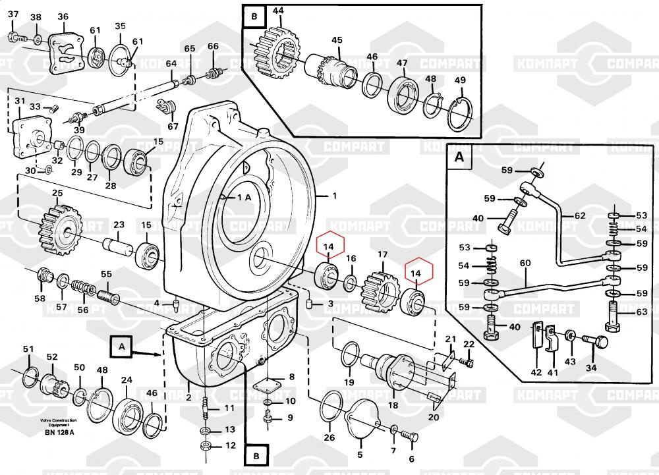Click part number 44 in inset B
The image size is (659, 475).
tap(278, 11)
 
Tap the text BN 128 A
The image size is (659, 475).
tap(59, 432)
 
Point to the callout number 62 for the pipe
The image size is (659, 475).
tap(579, 215)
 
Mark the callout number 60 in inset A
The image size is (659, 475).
tap(525, 264)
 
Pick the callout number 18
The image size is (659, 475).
tap(393, 406)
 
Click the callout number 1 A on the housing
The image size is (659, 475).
tap(244, 197)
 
